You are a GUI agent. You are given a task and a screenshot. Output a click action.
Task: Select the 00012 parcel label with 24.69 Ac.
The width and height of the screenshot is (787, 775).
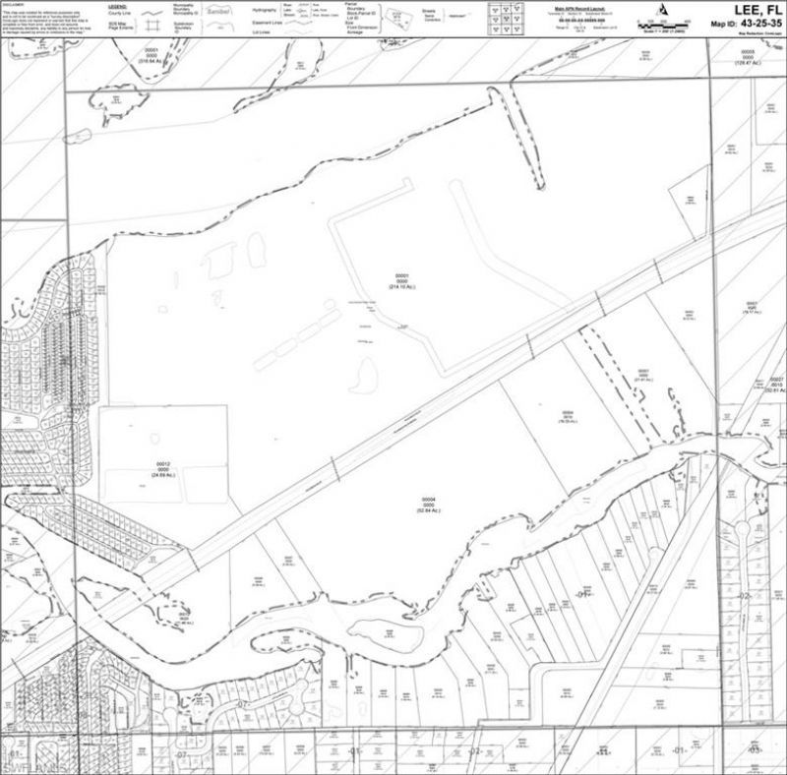(163, 467)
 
